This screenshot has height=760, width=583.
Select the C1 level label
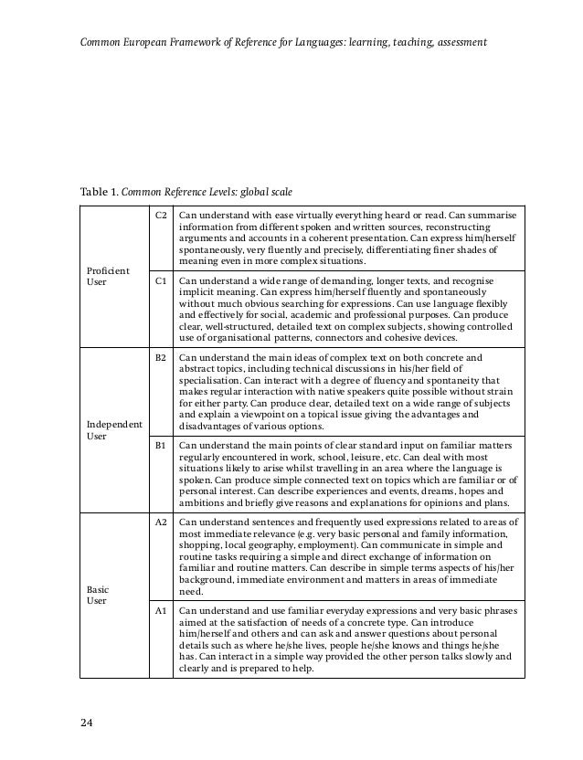(x=161, y=282)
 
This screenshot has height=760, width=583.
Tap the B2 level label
(x=161, y=359)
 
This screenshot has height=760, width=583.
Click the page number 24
(x=86, y=724)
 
